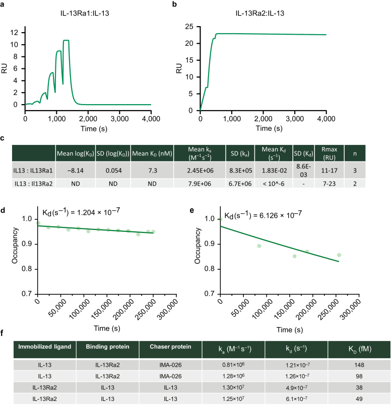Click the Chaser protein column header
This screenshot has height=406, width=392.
click(x=170, y=348)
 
